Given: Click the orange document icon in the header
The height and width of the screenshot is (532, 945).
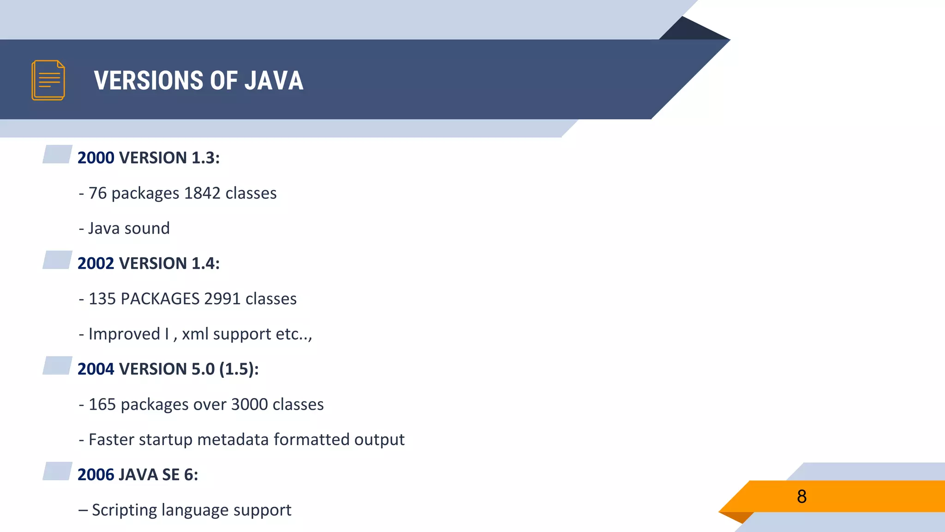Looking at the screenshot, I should point(48,80).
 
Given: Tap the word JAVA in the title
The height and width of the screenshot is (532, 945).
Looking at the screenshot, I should point(274,80).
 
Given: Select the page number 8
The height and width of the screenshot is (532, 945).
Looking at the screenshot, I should point(801,496).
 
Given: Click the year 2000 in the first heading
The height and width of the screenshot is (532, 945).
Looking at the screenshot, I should point(96,158).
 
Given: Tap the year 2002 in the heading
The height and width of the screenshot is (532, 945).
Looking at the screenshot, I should point(96,264).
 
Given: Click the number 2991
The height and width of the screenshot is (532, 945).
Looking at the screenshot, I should point(222,299).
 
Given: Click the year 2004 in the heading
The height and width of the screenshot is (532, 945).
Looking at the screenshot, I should point(96,369).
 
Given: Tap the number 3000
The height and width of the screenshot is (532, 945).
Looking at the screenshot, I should point(249,405).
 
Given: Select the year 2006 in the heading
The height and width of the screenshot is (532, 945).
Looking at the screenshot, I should point(96,475).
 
